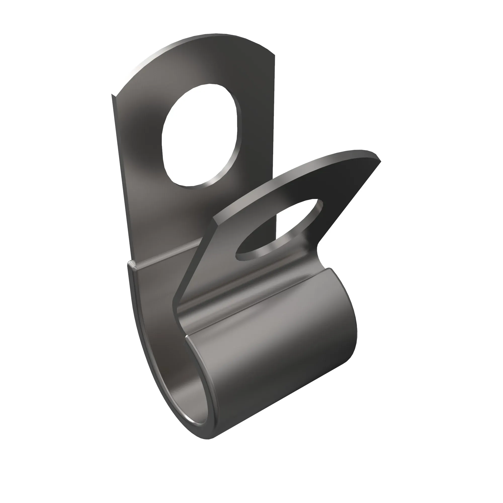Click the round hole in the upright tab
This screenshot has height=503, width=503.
199,135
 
